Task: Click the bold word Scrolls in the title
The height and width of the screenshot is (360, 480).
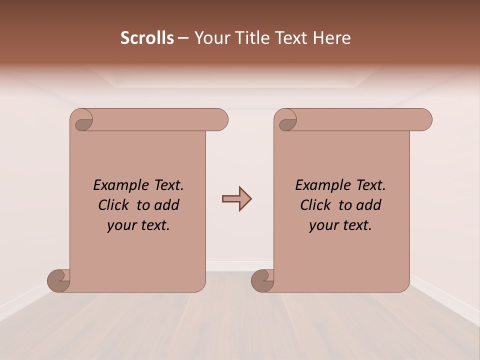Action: (147, 38)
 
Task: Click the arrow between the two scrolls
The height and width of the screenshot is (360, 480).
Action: (236, 199)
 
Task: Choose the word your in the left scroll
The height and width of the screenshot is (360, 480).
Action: (120, 225)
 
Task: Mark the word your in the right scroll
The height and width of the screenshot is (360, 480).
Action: (322, 225)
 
